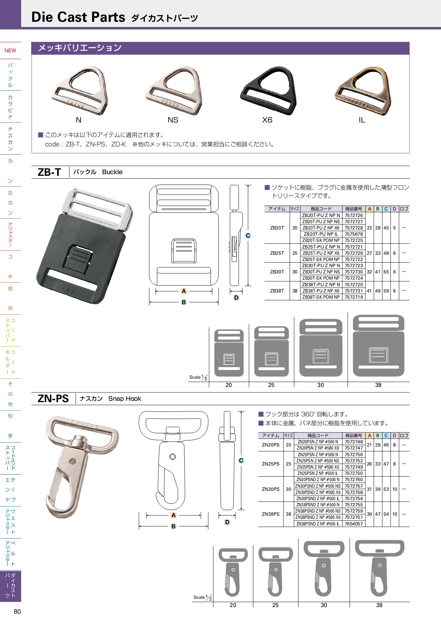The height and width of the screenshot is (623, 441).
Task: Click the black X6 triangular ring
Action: tap(267, 91)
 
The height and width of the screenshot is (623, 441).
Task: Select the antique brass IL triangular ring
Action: tap(362, 91)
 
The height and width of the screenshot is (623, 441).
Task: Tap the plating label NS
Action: tap(173, 120)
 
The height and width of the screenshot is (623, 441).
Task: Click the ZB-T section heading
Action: tap(49, 172)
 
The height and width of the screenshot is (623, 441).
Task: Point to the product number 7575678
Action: tap(354, 234)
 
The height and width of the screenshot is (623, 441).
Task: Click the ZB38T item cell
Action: tap(277, 291)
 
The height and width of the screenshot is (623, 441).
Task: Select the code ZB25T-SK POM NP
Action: tap(321, 259)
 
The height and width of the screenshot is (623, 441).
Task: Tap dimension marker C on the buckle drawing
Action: tap(248, 236)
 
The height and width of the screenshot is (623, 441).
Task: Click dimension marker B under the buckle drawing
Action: tap(184, 302)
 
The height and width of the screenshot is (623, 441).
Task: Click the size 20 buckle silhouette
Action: tap(229, 353)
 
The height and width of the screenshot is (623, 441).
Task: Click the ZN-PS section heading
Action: tap(53, 399)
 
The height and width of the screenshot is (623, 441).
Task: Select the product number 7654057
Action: tap(354, 524)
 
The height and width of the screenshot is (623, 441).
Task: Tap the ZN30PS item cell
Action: tap(271, 489)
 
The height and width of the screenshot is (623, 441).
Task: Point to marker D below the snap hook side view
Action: tap(227, 522)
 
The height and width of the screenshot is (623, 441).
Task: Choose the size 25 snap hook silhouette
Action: tap(275, 571)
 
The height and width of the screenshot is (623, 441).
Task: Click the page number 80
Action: tap(17, 612)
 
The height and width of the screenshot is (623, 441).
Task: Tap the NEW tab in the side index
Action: tap(10, 51)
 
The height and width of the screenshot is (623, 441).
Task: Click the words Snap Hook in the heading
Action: tap(125, 399)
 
